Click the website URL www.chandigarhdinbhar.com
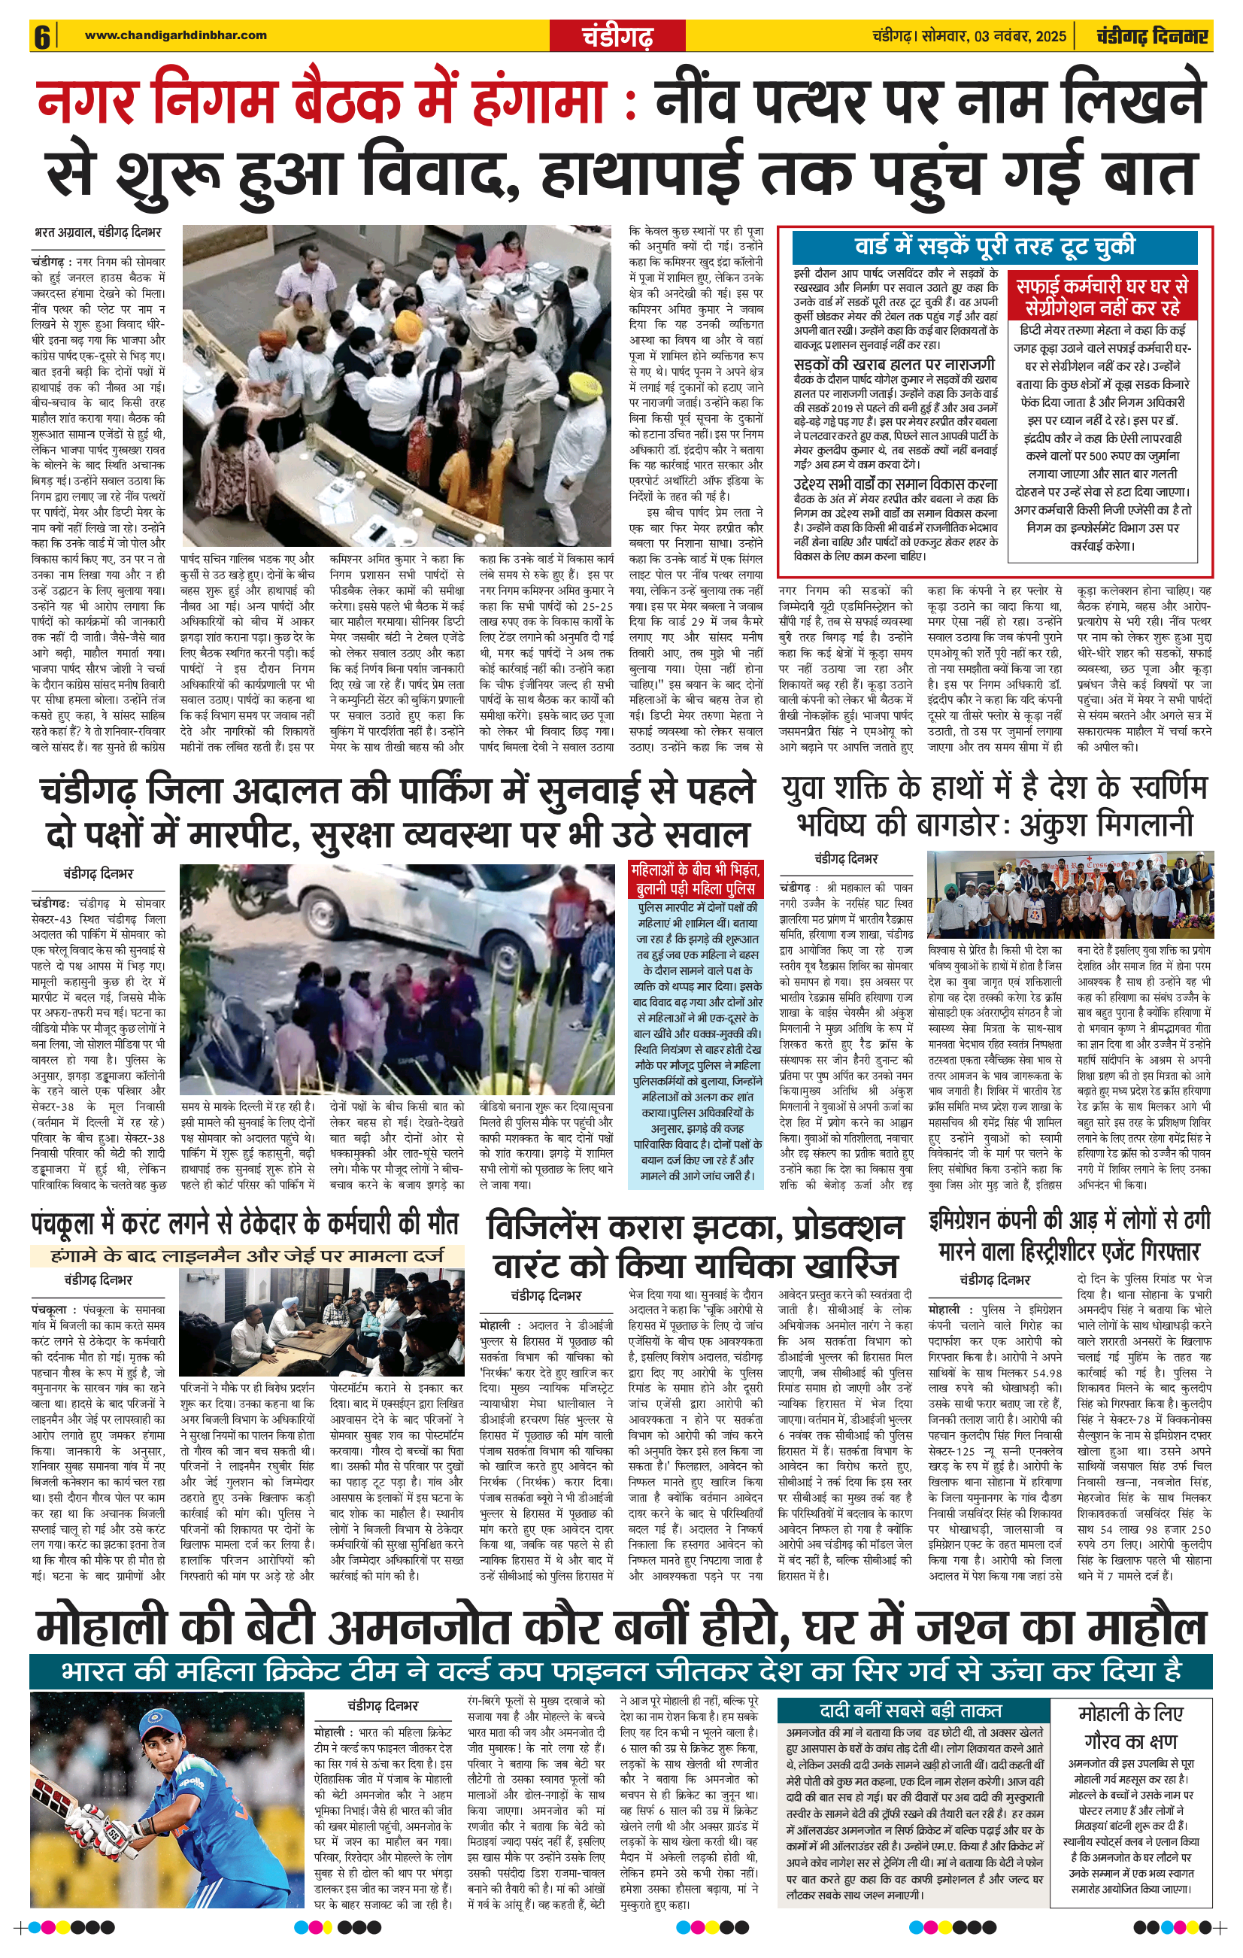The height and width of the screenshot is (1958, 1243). click(176, 35)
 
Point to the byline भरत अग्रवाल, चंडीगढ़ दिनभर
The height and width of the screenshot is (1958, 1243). click(98, 232)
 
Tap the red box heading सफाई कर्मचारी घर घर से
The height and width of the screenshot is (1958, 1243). click(1102, 287)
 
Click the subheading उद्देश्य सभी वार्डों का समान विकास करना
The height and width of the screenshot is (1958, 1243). click(895, 484)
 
